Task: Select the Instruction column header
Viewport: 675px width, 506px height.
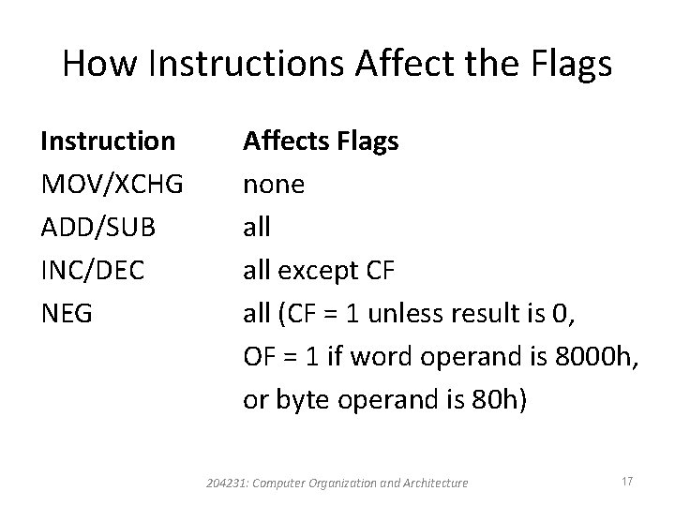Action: (107, 141)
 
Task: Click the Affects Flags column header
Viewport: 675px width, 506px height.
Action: (321, 141)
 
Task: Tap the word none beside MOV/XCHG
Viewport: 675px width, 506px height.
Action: (274, 185)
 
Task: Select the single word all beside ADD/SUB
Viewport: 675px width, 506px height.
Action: (256, 228)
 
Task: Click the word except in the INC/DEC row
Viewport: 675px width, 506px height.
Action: (325, 271)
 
